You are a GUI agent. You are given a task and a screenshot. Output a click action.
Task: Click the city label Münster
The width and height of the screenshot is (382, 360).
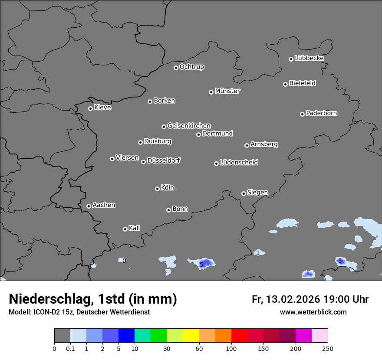click(x=227, y=91)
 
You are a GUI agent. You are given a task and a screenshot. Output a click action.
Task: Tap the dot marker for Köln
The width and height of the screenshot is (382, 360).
click(x=157, y=189)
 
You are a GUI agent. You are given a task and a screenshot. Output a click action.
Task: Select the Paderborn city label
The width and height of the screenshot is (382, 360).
click(x=322, y=113)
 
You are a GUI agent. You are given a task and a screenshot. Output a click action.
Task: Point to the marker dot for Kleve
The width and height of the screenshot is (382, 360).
click(x=90, y=108)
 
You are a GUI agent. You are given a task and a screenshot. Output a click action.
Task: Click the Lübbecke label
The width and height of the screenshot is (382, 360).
click(x=309, y=58)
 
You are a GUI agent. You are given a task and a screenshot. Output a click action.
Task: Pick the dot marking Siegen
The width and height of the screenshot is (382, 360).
click(x=244, y=193)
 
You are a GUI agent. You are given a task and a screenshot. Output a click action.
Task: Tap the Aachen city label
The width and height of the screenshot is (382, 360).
click(x=104, y=205)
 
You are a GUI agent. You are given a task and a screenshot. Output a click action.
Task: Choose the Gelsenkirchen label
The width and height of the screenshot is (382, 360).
click(x=189, y=126)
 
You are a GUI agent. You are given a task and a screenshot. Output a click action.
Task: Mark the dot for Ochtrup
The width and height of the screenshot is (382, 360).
click(x=176, y=68)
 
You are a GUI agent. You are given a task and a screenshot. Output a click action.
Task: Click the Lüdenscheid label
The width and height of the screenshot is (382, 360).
click(x=239, y=163)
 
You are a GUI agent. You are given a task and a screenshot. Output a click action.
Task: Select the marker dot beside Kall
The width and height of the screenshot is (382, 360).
click(x=125, y=229)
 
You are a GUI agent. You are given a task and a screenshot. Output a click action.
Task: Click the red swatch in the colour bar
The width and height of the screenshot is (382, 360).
click(x=239, y=336)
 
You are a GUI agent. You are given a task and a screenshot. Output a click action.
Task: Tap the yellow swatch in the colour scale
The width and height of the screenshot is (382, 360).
click(x=191, y=336)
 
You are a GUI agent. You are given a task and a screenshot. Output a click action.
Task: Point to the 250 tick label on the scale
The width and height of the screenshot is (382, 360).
click(x=328, y=348)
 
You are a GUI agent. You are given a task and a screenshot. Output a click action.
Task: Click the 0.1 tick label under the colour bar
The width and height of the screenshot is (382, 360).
click(x=70, y=348)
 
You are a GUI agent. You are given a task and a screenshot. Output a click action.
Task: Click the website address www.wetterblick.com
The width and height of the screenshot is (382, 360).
click(x=313, y=312)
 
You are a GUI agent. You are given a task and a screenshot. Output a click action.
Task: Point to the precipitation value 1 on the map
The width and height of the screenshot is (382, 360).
click(x=258, y=253)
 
